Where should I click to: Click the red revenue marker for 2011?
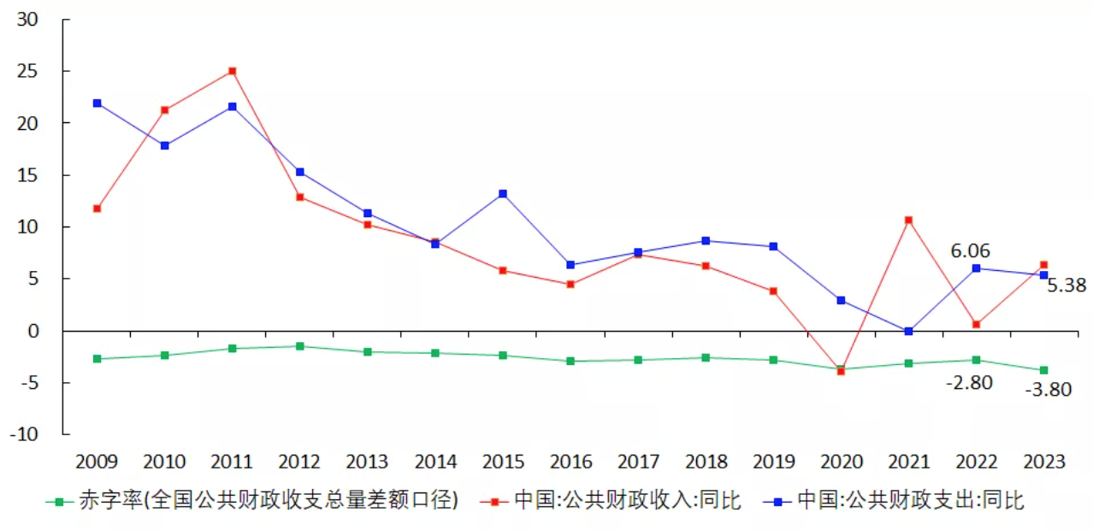[x=233, y=71]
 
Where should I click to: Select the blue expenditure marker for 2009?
[x=97, y=103]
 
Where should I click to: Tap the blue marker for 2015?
[x=503, y=194]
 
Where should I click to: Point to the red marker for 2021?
[x=908, y=221]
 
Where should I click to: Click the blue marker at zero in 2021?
[x=908, y=331]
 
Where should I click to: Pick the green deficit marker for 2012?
[x=300, y=346]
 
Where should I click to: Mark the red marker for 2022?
[x=976, y=324]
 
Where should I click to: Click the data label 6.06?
[x=970, y=250]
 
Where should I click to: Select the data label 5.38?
[x=1066, y=286]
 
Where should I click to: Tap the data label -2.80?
[x=969, y=383]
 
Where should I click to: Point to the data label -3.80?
[x=1048, y=390]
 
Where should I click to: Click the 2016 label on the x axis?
[x=570, y=462]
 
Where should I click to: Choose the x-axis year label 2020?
[x=842, y=462]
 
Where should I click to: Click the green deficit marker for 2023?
[x=1043, y=370]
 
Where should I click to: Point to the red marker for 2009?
[x=97, y=209]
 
